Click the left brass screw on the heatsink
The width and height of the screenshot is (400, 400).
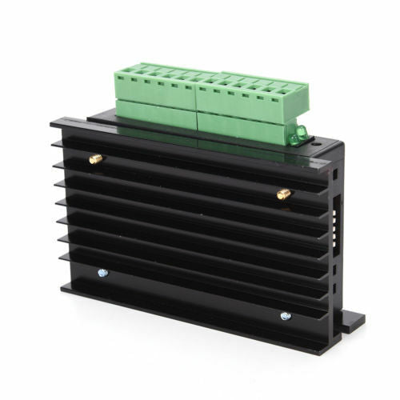tap(96, 159)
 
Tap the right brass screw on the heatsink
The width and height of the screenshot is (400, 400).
tap(282, 194)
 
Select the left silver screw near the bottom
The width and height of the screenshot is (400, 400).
tap(102, 273)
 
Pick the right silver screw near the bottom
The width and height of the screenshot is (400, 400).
tap(286, 316)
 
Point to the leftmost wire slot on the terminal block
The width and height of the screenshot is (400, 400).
tap(128, 68)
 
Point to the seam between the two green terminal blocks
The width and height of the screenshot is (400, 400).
tap(197, 100)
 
